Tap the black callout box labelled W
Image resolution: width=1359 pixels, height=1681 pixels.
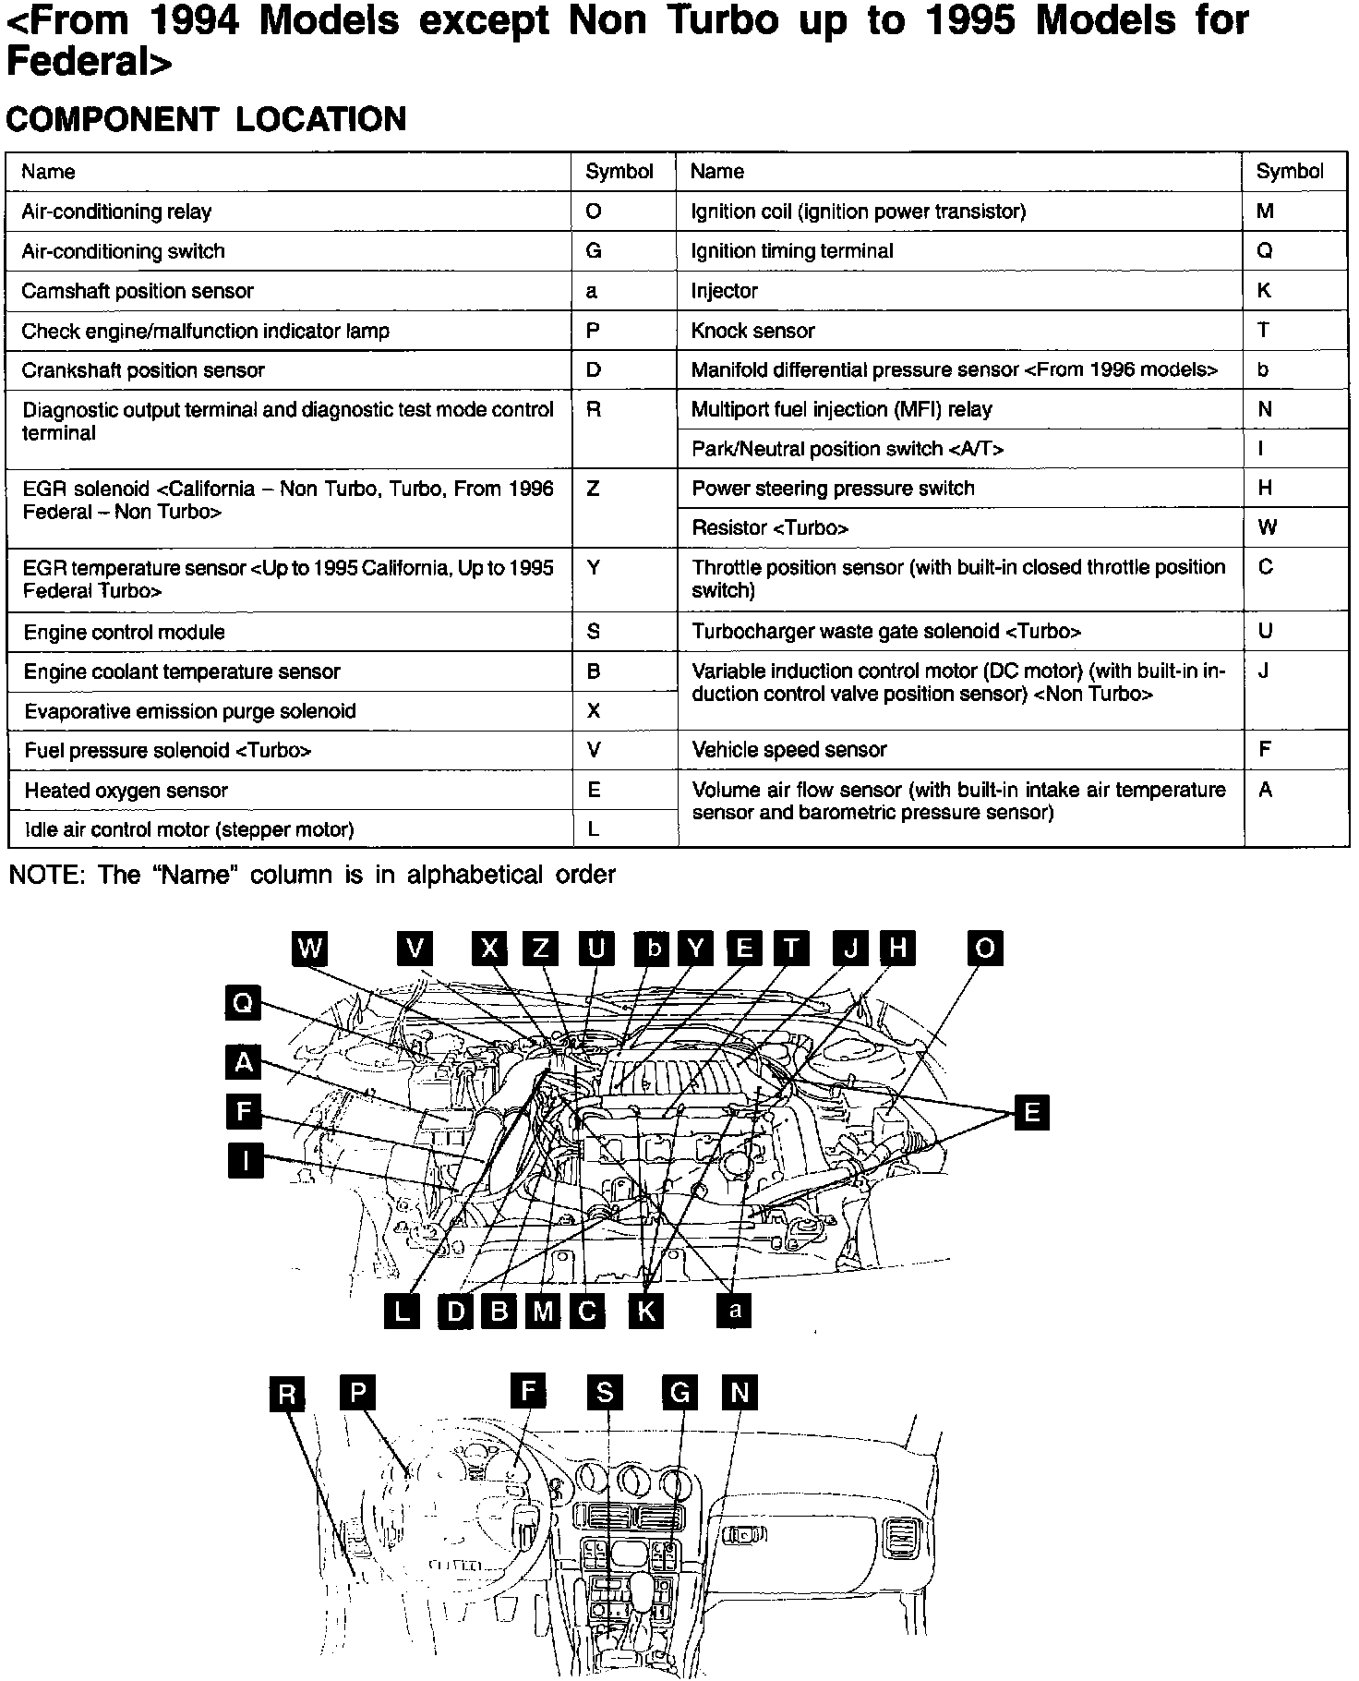point(310,948)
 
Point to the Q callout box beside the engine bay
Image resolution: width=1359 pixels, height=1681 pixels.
point(243,1002)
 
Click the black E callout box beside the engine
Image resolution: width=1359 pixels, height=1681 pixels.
point(1031,1112)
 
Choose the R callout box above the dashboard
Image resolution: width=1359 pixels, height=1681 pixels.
point(287,1394)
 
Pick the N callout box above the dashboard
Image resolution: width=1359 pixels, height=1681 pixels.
point(739,1393)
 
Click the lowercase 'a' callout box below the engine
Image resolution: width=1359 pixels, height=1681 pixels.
point(735,1311)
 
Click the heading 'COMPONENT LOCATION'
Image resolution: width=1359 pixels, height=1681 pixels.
point(206,119)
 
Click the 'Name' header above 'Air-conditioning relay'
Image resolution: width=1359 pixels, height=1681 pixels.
point(48,172)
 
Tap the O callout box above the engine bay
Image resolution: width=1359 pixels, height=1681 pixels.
point(985,948)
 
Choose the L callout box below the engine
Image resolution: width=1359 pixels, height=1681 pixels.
point(402,1312)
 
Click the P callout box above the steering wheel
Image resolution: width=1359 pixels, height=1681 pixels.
point(358,1393)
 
